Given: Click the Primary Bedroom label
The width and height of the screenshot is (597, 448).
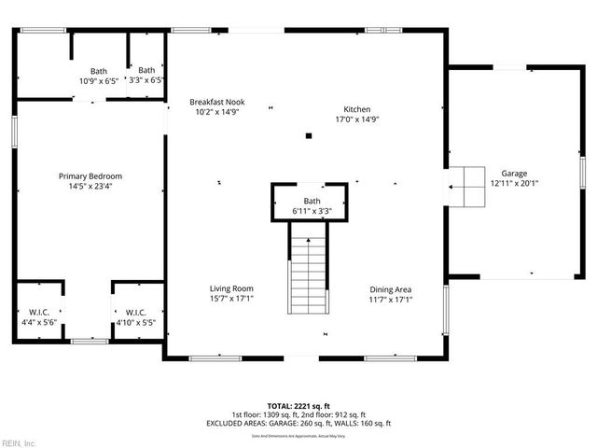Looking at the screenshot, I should (x=90, y=176).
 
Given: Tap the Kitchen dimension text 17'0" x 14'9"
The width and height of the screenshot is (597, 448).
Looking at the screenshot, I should (x=356, y=119).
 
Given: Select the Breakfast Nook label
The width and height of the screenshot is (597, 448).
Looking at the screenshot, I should (x=216, y=102).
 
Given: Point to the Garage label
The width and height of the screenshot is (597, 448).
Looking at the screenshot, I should (x=514, y=174).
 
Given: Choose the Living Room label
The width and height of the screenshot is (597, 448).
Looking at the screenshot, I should (x=231, y=288).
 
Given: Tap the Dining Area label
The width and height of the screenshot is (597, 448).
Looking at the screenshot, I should (x=390, y=288).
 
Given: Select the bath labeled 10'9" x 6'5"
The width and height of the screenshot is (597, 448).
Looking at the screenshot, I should (x=99, y=76).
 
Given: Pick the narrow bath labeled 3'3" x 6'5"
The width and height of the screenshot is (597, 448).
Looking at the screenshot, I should (x=146, y=75).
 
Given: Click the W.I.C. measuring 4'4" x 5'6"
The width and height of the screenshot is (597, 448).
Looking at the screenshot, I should (x=38, y=316).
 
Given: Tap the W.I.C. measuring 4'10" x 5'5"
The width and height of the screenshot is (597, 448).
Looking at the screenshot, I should (x=134, y=316).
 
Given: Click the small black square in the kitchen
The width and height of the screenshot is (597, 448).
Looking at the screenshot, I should (x=309, y=138).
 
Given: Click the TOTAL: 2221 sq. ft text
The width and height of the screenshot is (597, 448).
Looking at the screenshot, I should (x=298, y=406).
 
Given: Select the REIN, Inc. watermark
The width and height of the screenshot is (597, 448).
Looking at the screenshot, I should (x=19, y=442).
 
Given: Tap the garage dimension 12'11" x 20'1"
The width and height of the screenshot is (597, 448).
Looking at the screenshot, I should (x=514, y=184).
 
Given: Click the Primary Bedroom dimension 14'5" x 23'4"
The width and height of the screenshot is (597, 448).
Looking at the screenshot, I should (x=90, y=186).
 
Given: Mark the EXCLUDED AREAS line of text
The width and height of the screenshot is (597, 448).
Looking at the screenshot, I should (x=298, y=424).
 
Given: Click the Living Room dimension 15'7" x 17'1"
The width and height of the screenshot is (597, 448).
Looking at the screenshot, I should (x=231, y=299).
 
